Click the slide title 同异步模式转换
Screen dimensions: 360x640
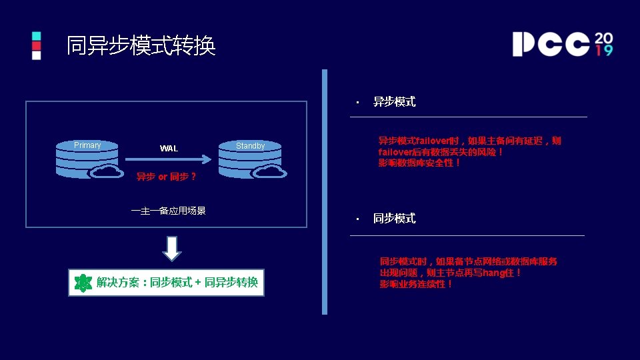[x=141, y=45]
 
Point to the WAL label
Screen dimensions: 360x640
[x=169, y=148]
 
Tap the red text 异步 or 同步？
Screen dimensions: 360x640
[x=167, y=177]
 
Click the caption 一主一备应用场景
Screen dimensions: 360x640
[x=169, y=211]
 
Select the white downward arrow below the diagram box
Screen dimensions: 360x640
[x=171, y=248]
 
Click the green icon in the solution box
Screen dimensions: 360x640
[x=83, y=283]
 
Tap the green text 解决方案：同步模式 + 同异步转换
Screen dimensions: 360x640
[x=177, y=283]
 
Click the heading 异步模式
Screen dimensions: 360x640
[x=394, y=102]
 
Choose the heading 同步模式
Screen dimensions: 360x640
[x=394, y=219]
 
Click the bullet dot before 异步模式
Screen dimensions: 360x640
[x=357, y=103]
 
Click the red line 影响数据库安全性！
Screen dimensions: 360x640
[x=419, y=163]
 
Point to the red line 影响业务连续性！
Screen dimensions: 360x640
[x=417, y=284]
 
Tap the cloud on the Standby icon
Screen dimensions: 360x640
[x=270, y=171]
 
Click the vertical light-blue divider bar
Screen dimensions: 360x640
[x=325, y=191]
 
